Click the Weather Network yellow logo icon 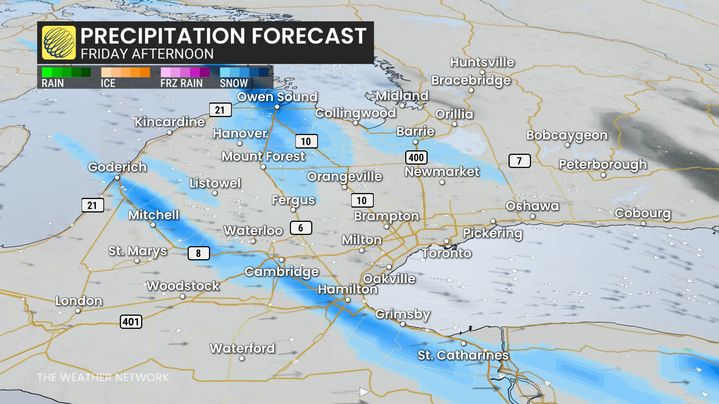tap(59, 43)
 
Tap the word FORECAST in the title tap(309, 36)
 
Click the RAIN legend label tap(52, 83)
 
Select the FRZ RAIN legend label tap(181, 83)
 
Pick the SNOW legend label tap(234, 83)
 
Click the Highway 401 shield tap(131, 322)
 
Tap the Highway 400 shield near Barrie tap(416, 157)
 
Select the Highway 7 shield tap(519, 161)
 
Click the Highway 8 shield tap(198, 253)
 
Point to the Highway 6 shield tap(301, 228)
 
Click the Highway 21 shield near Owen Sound tap(220, 110)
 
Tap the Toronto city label tap(446, 253)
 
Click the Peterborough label tap(603, 164)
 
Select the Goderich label tap(117, 167)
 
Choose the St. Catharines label tap(463, 355)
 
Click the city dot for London tap(78, 311)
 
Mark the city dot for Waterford tap(242, 358)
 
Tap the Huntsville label tap(482, 62)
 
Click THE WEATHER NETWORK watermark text tap(103, 377)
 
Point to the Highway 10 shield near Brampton tap(362, 201)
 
